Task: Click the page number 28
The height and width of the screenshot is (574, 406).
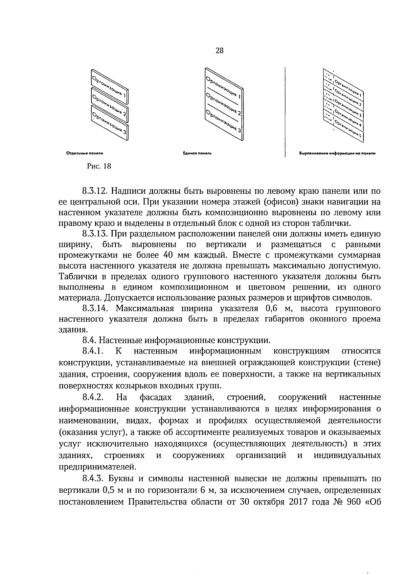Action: (x=219, y=51)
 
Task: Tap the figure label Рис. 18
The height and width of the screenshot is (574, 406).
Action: (x=99, y=166)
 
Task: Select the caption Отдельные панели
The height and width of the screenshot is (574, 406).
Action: (x=85, y=153)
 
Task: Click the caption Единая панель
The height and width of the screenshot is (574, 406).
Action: (x=197, y=153)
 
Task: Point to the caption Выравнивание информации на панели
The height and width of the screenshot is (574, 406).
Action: (x=337, y=153)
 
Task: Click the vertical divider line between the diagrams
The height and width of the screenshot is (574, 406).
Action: (x=285, y=112)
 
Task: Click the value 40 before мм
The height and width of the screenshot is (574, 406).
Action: (x=169, y=255)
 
